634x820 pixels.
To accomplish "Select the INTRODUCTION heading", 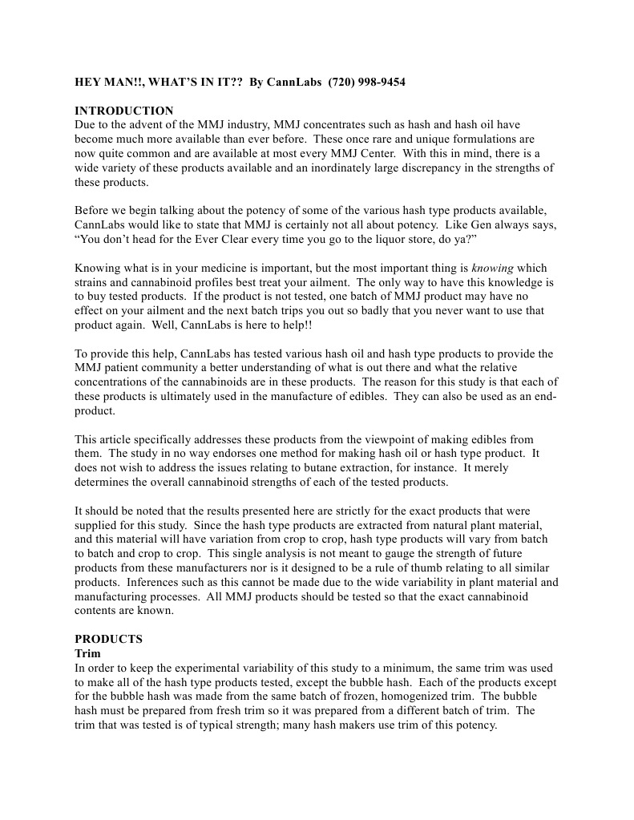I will pyautogui.click(x=123, y=111).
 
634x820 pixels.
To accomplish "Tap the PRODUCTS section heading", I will pyautogui.click(x=108, y=639).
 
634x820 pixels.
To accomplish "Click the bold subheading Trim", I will pyautogui.click(x=87, y=653).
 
